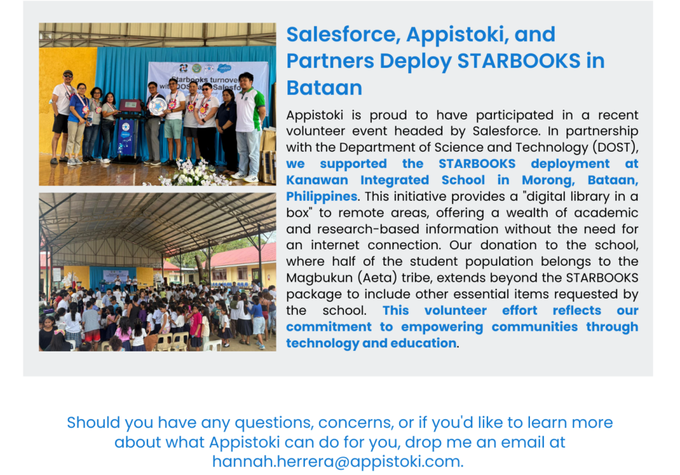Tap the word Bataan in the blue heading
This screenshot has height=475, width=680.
[324, 88]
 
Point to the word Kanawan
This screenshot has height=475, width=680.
[317, 180]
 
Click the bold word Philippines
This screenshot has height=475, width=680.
[322, 197]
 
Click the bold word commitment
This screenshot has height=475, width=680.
[329, 327]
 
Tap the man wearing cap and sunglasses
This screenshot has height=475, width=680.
[62, 116]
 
